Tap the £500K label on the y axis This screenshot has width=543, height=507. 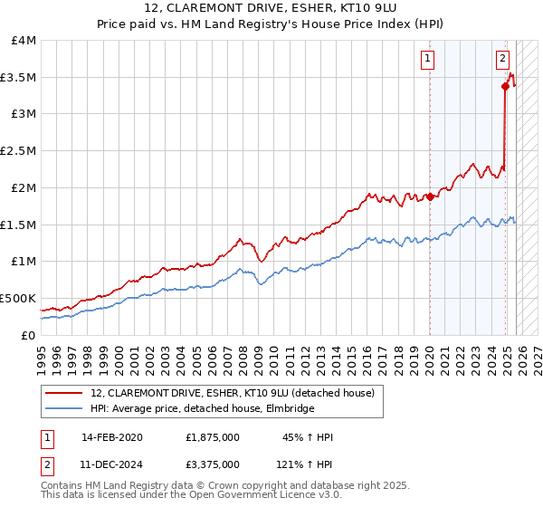17,298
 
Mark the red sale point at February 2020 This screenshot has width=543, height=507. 429,197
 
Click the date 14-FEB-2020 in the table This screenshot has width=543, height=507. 111,437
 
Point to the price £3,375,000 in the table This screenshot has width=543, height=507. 211,464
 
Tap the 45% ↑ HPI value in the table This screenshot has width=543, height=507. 308,437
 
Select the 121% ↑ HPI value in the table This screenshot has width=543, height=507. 305,464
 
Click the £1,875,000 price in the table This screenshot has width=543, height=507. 211,437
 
